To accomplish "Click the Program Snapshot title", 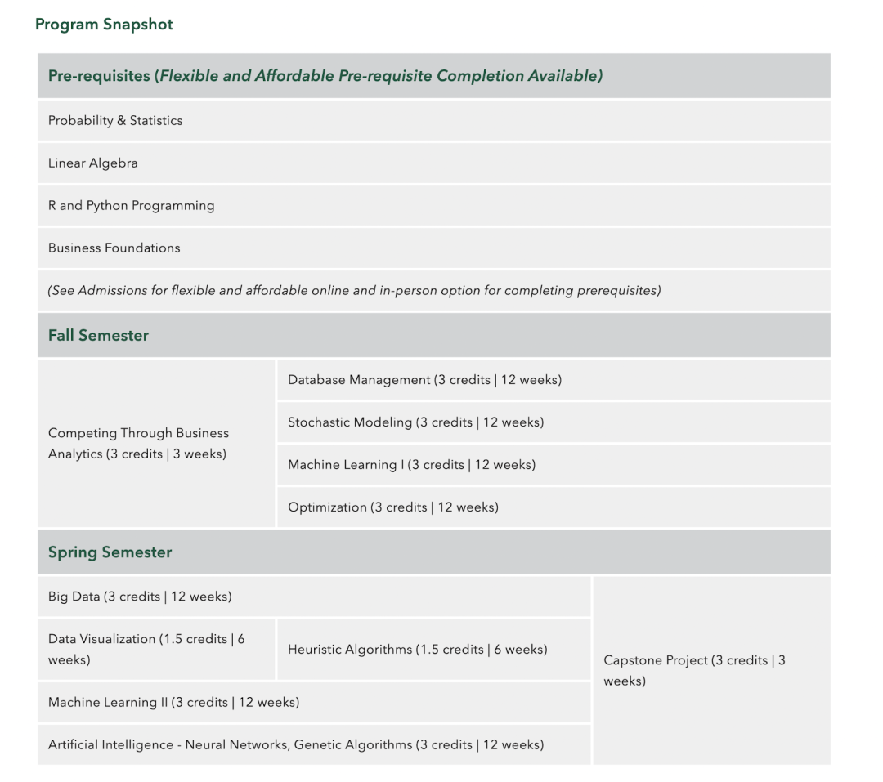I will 104,25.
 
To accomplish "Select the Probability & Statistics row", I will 115,121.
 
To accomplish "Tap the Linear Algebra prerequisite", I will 93,163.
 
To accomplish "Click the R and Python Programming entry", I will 131,206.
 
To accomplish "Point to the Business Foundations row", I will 114,248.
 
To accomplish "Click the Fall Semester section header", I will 98,336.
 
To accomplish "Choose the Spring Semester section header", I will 110,552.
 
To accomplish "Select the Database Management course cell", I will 424,380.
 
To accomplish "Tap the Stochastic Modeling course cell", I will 415,422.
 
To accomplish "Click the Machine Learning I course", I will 411,465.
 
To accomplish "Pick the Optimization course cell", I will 392,507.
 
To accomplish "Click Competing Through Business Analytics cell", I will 138,444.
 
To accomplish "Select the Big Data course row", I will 140,597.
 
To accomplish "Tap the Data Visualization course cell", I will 146,650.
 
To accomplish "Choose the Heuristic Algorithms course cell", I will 417,650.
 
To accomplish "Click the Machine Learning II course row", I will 173,703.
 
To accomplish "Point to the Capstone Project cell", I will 694,671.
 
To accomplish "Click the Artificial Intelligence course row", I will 295,745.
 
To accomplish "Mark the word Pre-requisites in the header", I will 98,76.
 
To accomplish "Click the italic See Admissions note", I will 354,291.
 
